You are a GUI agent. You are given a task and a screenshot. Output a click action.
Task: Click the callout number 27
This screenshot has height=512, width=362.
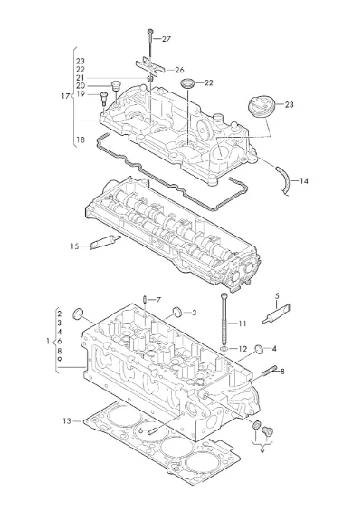click(167, 39)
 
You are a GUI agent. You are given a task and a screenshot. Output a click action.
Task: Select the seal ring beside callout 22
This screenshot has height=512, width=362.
click(187, 83)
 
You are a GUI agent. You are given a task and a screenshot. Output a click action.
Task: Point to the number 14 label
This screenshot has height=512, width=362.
click(303, 181)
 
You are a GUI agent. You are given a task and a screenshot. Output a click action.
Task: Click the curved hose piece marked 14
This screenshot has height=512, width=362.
click(284, 181)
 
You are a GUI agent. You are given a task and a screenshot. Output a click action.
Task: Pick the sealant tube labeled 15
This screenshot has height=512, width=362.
click(105, 242)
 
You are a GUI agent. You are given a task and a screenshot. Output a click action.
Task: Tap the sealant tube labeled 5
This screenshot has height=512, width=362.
click(276, 314)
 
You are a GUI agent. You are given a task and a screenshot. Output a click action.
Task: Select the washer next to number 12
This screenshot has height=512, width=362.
click(224, 350)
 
